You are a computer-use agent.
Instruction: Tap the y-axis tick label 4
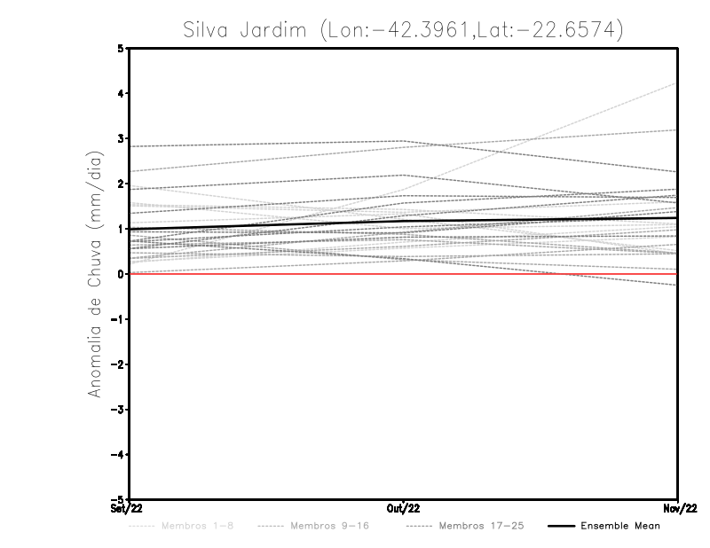click(x=121, y=94)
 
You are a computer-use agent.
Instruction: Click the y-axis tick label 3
click(x=121, y=139)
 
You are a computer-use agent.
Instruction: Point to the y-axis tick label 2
click(x=121, y=184)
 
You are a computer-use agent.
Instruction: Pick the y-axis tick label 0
click(x=121, y=274)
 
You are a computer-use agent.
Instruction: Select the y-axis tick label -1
click(x=118, y=319)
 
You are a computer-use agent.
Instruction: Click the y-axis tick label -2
click(x=118, y=364)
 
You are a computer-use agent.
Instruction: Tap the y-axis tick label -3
click(x=118, y=410)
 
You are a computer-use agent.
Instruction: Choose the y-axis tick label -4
click(x=118, y=455)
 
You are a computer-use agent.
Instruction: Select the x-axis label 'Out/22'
click(x=404, y=508)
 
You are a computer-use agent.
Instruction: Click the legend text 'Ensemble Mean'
click(x=620, y=526)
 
